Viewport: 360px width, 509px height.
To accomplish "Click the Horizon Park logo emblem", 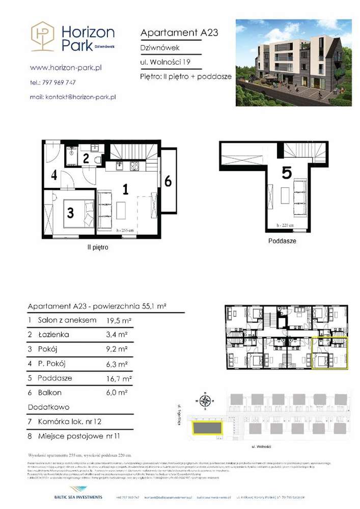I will (42, 36).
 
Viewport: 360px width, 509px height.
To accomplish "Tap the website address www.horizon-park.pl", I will (66, 67).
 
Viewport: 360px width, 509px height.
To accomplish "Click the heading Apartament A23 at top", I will (179, 33).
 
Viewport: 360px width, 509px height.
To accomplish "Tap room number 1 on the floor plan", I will (125, 189).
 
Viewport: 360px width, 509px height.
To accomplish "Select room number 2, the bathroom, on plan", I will (86, 158).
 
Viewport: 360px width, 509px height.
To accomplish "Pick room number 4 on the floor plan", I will (53, 176).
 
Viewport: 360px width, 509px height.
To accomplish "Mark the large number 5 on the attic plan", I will (287, 174).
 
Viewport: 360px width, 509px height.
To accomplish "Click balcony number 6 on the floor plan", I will (168, 181).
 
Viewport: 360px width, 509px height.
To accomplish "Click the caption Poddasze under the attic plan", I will (282, 241).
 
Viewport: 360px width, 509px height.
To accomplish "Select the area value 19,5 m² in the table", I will (119, 320).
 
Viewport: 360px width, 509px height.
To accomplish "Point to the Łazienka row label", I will (52, 334).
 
